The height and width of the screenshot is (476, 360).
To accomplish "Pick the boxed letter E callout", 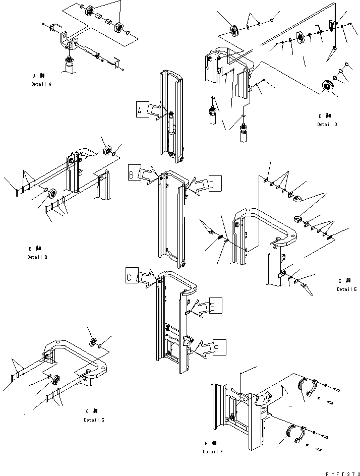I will pos(215,306).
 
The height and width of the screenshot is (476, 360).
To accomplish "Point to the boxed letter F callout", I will pos(219,347).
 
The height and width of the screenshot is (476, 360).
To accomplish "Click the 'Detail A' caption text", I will pos(41,84).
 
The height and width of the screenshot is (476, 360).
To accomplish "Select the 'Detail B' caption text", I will pos(37,257).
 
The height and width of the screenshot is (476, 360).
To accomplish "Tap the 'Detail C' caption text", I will pos(94,420).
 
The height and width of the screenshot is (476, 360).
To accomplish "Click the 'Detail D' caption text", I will pos(327,124).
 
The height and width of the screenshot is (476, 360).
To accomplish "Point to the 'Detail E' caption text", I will pos(347,289).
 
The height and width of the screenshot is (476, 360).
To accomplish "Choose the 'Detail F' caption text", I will pos(212,451).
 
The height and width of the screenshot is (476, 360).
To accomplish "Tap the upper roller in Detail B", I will pos(106,151).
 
